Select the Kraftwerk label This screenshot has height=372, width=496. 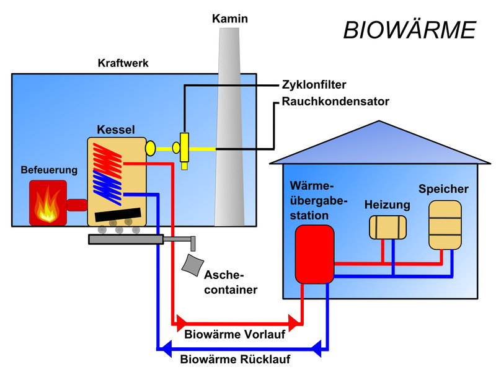click(x=123, y=63)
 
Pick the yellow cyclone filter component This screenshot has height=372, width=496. click(x=184, y=148)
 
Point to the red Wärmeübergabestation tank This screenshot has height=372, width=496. click(x=314, y=254)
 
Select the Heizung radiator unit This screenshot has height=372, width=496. click(x=387, y=227)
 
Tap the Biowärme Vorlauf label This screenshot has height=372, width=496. click(x=235, y=335)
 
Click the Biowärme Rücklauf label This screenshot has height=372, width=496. click(x=235, y=359)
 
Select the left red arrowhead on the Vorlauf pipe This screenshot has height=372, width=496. click(x=182, y=323)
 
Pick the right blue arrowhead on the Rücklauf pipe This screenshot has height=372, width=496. click(x=317, y=347)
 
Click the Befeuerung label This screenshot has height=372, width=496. click(x=49, y=169)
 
